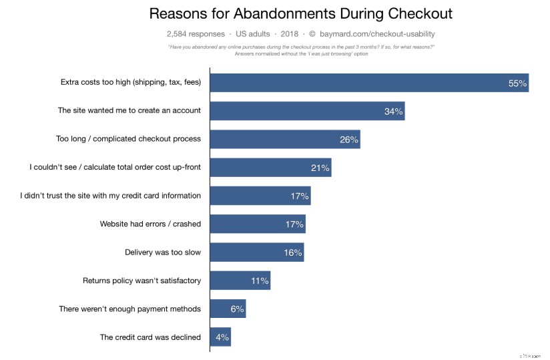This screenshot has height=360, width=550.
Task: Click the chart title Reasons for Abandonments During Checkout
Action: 300,13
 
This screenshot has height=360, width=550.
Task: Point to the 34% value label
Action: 393,112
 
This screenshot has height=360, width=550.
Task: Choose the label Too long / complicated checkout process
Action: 128,139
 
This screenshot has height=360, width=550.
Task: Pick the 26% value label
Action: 348,140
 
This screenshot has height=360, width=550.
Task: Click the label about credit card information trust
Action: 111,196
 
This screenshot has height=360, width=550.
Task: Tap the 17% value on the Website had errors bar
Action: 294,224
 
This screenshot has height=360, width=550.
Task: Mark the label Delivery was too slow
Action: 163,252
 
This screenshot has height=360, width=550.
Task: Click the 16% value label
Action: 292,252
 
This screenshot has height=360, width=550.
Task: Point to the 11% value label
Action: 260,281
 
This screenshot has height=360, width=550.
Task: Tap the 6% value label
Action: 237,309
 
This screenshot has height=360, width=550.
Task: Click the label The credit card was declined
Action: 150,337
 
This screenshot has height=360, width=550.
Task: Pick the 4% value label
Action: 222,337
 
